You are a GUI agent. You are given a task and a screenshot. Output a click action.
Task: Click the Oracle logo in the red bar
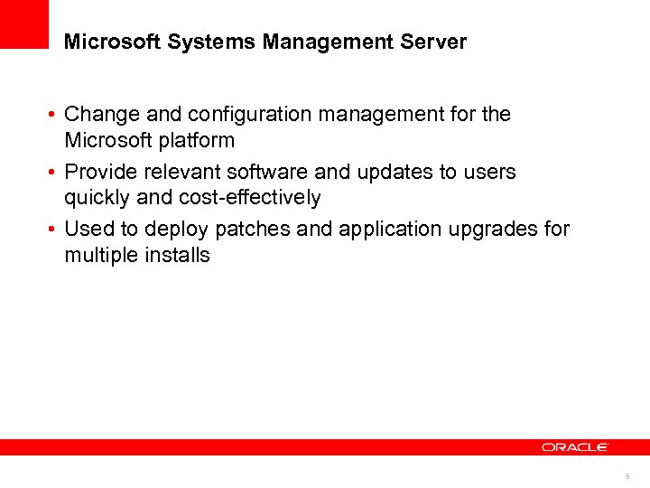(575, 446)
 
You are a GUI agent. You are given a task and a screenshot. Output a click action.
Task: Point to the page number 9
(627, 475)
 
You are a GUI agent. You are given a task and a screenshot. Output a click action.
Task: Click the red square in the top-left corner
(23, 23)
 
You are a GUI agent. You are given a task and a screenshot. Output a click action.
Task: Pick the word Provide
(98, 172)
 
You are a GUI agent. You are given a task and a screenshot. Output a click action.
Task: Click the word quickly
(96, 198)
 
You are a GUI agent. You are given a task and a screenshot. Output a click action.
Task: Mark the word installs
(177, 255)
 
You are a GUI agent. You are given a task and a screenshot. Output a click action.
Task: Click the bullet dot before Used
(55, 230)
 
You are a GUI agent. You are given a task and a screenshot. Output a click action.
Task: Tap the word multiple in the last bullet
(100, 255)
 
